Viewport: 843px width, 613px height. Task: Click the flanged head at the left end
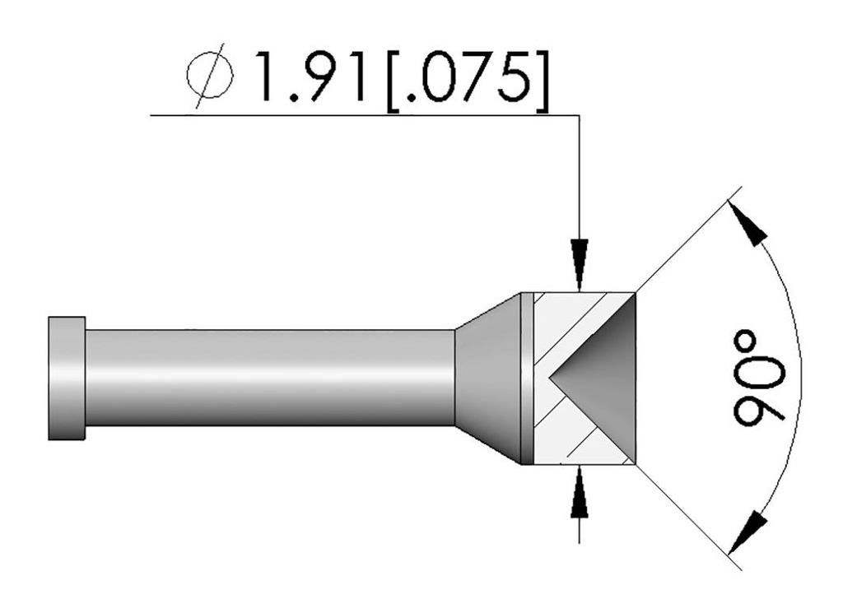point(66,378)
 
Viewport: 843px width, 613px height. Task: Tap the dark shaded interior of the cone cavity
point(605,378)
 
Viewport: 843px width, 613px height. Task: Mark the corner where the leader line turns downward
point(581,116)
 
